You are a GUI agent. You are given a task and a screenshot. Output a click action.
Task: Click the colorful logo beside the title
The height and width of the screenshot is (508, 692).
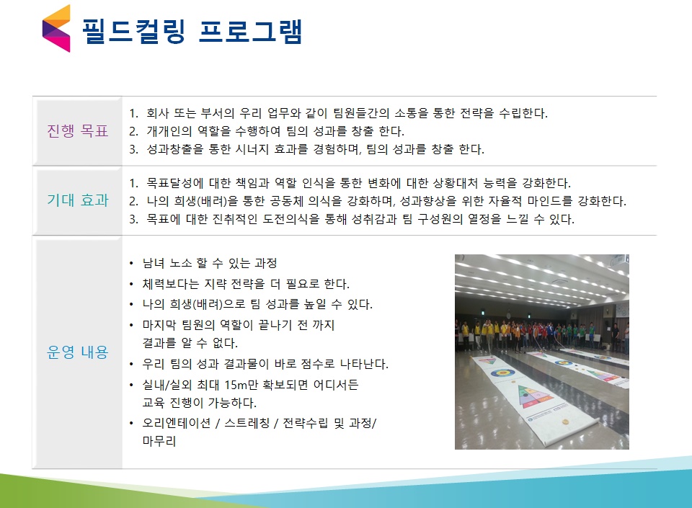[x=56, y=28]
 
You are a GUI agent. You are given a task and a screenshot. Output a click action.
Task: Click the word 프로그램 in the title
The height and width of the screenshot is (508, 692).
[x=250, y=31]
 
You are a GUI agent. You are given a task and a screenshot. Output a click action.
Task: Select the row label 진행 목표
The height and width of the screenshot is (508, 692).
[x=78, y=131]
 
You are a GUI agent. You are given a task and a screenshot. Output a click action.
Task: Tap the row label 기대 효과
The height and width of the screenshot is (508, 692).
[x=78, y=200]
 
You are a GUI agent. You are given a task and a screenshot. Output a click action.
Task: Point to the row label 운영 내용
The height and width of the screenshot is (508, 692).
[x=78, y=352]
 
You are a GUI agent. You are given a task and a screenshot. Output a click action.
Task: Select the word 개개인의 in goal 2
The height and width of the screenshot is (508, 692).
[x=169, y=131]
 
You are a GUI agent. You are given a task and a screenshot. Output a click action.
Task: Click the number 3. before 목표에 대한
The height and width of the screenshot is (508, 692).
[x=134, y=219]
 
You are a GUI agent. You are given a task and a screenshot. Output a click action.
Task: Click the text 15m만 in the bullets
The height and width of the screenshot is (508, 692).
[x=241, y=385]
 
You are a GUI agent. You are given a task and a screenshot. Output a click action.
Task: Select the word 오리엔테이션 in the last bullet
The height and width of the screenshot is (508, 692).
[x=177, y=424]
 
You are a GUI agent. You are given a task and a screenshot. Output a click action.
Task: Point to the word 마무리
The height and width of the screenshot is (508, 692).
[x=159, y=441]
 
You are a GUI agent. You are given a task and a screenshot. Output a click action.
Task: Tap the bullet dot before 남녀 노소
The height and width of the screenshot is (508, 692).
[x=131, y=264]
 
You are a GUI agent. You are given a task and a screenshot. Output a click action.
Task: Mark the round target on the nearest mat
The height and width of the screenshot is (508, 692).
[x=502, y=373]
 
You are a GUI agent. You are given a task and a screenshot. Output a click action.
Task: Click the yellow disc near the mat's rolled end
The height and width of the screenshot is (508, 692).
[x=564, y=422]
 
